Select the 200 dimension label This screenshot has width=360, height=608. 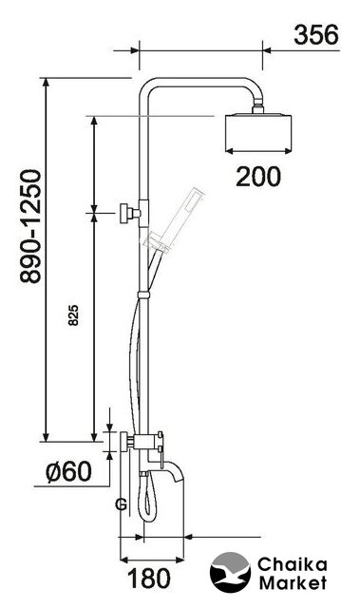(x=257, y=177)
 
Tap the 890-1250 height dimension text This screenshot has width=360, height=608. (x=30, y=226)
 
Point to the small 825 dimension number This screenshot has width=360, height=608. (x=73, y=315)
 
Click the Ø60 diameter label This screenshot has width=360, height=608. (x=68, y=471)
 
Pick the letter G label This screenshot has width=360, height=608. (x=122, y=504)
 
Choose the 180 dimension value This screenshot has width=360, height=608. (x=149, y=579)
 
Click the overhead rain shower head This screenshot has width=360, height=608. (x=258, y=132)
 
